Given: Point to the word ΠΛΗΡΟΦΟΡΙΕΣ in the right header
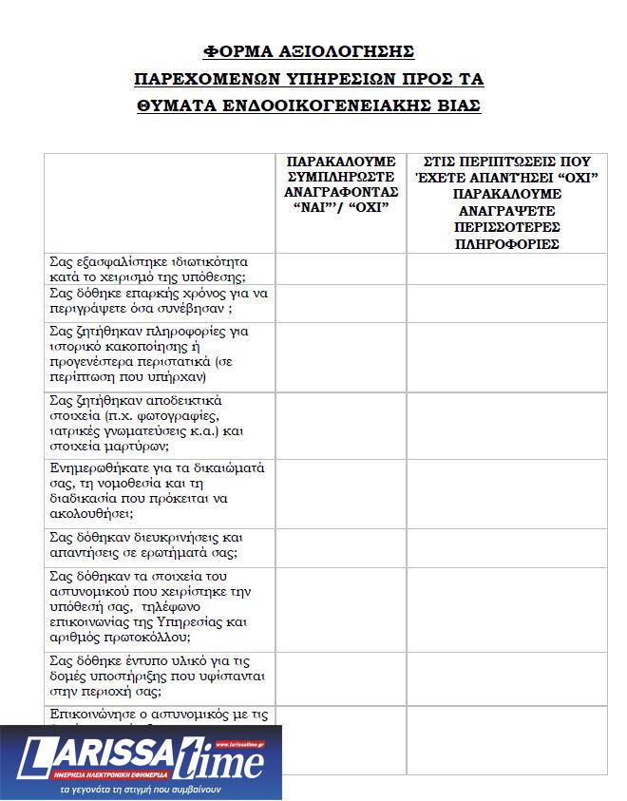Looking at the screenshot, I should pyautogui.click(x=506, y=244).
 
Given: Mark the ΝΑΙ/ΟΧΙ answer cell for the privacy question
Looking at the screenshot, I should pyautogui.click(x=341, y=269).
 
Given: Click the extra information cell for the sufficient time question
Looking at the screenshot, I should pyautogui.click(x=506, y=302).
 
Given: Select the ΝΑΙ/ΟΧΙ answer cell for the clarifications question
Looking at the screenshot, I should pyautogui.click(x=341, y=544).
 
